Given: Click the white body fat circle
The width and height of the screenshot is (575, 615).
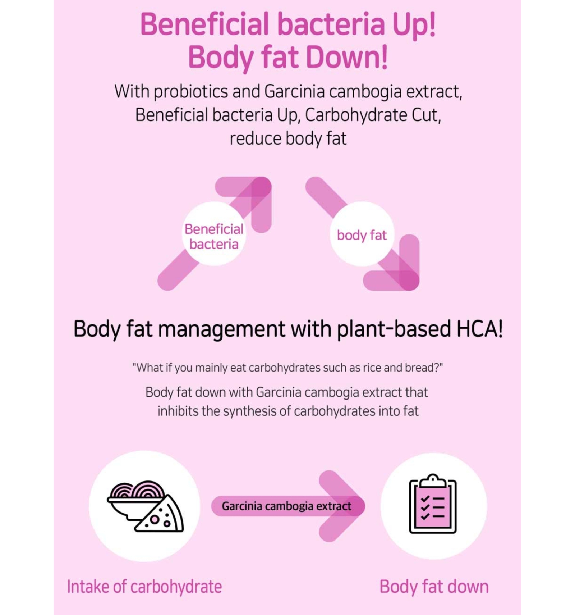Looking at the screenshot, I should pyautogui.click(x=362, y=234).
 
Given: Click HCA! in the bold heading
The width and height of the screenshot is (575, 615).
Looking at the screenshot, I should pyautogui.click(x=479, y=329).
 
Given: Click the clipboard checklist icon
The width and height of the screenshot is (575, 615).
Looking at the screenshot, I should pyautogui.click(x=433, y=505).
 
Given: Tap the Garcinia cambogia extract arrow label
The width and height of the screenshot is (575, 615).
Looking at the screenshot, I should pyautogui.click(x=286, y=506).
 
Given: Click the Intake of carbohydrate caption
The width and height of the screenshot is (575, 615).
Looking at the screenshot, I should pyautogui.click(x=144, y=587).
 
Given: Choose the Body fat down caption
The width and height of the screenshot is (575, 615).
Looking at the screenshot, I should pyautogui.click(x=434, y=587).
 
